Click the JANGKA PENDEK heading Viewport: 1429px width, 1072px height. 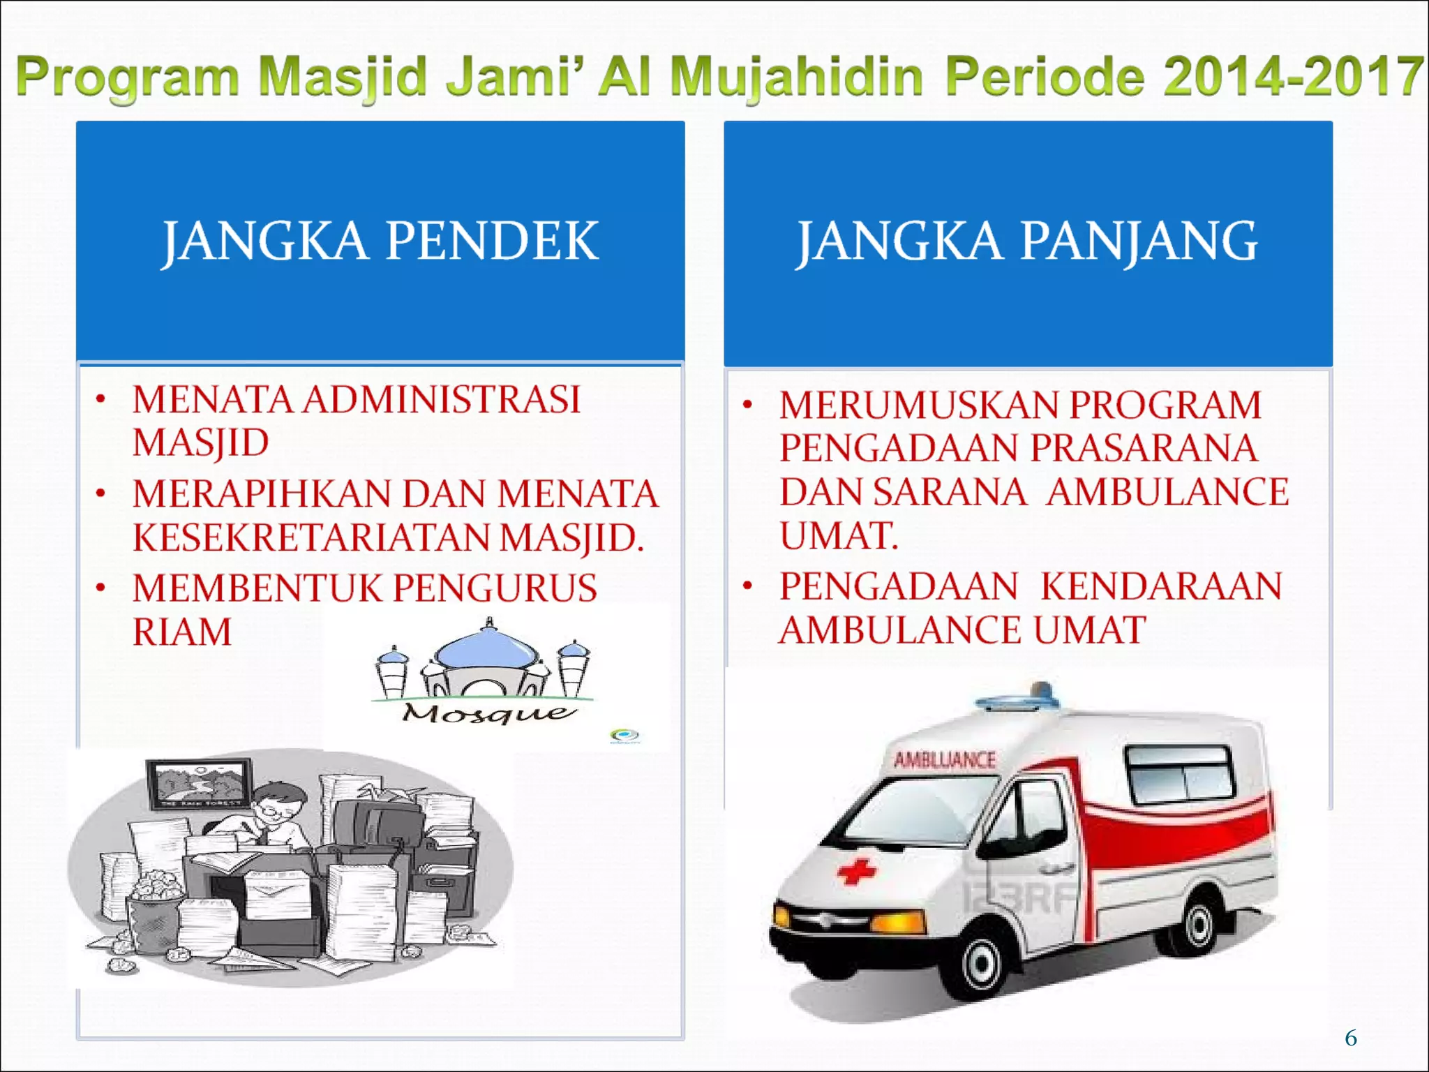pyautogui.click(x=380, y=241)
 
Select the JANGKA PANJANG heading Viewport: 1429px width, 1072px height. pyautogui.click(x=1027, y=241)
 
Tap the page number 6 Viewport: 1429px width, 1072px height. pyautogui.click(x=1351, y=1038)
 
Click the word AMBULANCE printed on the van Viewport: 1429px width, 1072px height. pyautogui.click(x=945, y=760)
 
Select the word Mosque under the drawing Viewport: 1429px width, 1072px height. pyautogui.click(x=488, y=713)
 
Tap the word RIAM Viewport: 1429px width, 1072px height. pyautogui.click(x=182, y=632)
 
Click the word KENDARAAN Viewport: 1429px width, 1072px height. pyautogui.click(x=1161, y=586)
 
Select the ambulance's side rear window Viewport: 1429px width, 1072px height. pyautogui.click(x=1179, y=773)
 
